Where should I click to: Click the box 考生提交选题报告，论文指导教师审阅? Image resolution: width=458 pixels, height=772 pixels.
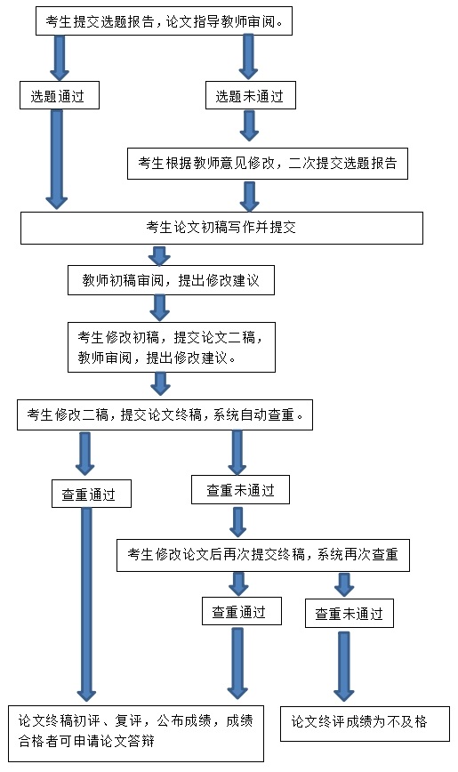(x=164, y=21)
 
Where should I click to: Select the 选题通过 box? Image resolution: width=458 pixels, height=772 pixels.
(x=59, y=95)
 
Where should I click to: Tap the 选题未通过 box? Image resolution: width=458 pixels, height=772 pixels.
(x=250, y=95)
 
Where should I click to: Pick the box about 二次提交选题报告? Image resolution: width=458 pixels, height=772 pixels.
(x=268, y=164)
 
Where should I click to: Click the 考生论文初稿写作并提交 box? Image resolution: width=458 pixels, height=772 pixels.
(x=221, y=228)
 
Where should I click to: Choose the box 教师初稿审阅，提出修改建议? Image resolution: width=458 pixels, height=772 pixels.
(x=171, y=281)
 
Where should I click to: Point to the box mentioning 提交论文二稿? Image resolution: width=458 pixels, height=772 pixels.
(x=172, y=347)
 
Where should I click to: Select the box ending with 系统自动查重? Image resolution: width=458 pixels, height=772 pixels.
(x=165, y=415)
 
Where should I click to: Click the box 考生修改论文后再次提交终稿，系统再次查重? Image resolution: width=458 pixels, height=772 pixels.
(x=263, y=555)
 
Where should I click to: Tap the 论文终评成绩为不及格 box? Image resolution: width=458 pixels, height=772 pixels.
(x=365, y=724)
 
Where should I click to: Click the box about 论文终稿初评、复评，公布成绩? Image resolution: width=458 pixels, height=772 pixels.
(x=136, y=734)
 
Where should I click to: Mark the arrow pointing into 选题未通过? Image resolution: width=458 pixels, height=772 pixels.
(x=249, y=57)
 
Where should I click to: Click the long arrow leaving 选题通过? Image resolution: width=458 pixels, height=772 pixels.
(x=57, y=159)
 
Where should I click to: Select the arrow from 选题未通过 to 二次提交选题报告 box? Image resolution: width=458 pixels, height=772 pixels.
(x=250, y=126)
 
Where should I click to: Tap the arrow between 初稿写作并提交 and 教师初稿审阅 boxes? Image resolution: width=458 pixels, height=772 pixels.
(x=159, y=255)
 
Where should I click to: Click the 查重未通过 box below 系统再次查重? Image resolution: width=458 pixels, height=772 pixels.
(x=350, y=614)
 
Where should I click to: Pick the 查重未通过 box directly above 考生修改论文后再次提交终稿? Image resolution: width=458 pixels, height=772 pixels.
(x=240, y=490)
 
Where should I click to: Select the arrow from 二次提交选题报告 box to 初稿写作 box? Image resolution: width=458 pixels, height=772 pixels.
(x=250, y=196)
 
